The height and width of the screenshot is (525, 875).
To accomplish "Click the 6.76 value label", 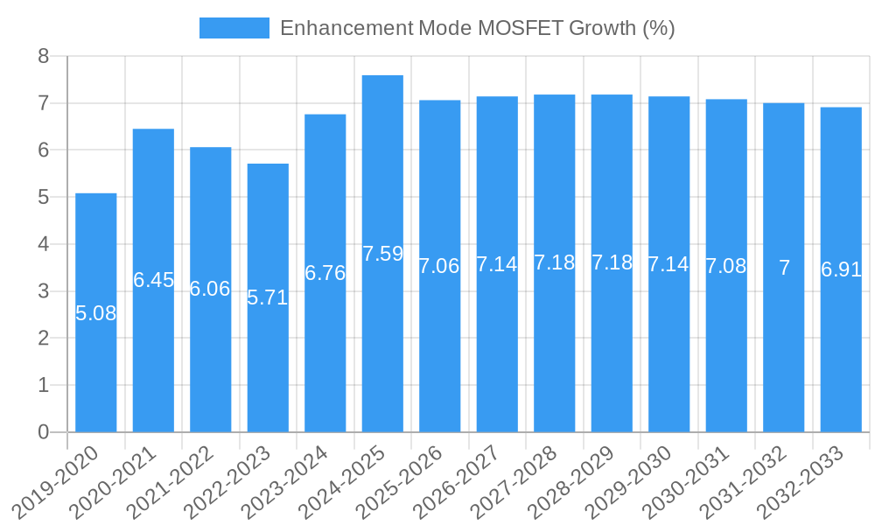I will [x=325, y=273].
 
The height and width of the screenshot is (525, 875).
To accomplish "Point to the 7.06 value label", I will [x=439, y=266].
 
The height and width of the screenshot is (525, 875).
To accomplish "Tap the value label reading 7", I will [x=784, y=269].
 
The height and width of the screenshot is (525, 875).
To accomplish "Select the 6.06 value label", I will [x=210, y=289].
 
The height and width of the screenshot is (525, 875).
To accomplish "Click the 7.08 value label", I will [x=726, y=266].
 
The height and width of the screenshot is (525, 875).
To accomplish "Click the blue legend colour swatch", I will [x=234, y=28].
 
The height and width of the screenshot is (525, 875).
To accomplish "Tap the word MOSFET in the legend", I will [x=520, y=28].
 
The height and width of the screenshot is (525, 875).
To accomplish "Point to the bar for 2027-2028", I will [x=554, y=350].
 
